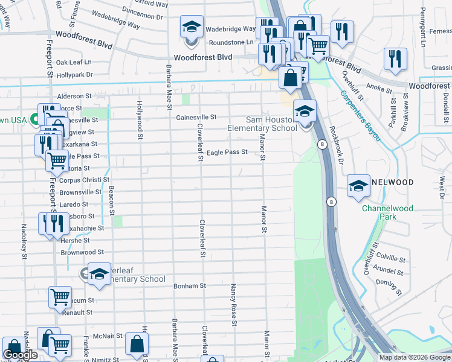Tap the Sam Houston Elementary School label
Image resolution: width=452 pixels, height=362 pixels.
point(262,124)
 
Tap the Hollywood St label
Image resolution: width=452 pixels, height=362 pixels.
point(139,120)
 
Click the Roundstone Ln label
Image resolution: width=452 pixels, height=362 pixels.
point(231,43)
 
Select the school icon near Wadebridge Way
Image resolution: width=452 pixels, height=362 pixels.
point(192,28)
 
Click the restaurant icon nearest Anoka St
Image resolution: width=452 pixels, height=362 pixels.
point(395,59)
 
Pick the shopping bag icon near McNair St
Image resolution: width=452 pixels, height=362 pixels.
point(137,345)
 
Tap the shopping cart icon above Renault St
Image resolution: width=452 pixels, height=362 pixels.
point(60,296)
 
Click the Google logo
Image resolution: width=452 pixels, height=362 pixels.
point(20,355)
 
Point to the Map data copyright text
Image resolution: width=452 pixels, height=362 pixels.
point(414,357)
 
